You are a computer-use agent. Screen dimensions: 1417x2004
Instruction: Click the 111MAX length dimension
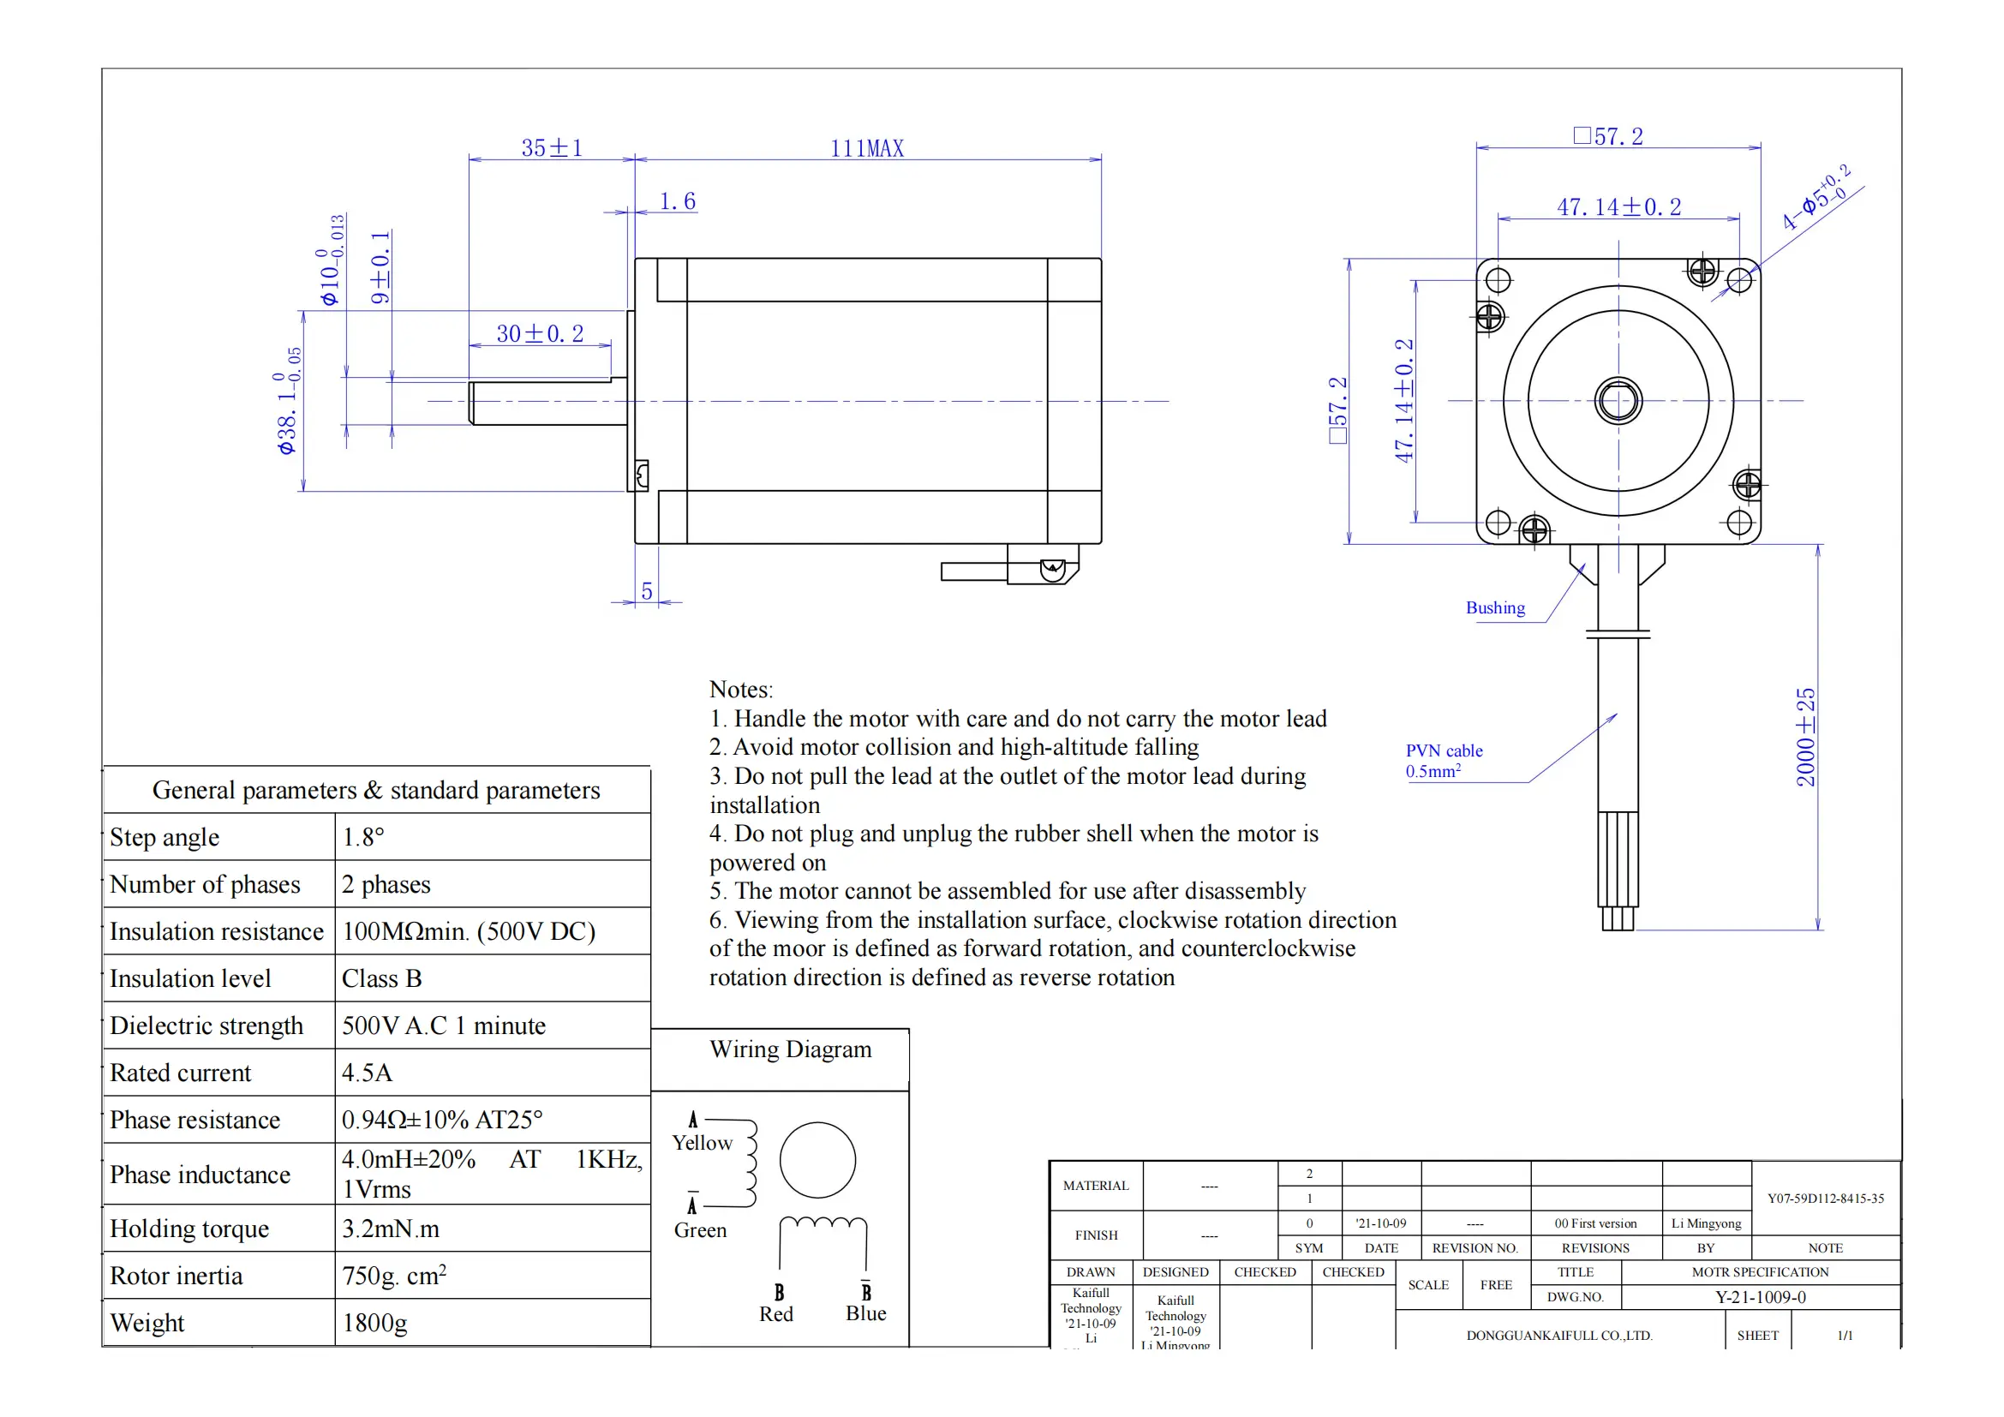[866, 148]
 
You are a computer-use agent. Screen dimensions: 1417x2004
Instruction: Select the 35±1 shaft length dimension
[552, 148]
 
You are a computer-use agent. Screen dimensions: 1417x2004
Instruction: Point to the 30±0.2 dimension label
[540, 333]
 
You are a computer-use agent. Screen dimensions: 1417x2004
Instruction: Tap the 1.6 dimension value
[678, 201]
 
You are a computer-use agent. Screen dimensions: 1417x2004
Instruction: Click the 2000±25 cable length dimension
[1805, 737]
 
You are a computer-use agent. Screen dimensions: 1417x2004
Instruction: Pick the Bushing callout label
[1495, 608]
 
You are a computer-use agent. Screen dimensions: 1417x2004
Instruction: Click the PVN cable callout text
[1444, 751]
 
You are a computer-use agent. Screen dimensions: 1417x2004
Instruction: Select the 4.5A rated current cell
[368, 1073]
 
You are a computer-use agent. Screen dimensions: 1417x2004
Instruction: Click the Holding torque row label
[189, 1229]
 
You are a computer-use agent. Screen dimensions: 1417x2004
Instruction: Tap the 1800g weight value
[374, 1323]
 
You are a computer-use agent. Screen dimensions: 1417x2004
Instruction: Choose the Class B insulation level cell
[381, 978]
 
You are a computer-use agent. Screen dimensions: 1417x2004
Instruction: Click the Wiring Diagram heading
[790, 1049]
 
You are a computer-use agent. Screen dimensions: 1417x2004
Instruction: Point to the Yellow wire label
[702, 1143]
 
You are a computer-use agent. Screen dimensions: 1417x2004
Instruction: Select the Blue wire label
[865, 1313]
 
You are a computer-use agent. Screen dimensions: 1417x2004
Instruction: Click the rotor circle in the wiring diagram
[817, 1160]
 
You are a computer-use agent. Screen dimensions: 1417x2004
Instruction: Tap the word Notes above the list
[740, 690]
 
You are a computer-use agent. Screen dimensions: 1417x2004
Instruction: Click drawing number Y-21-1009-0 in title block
[1760, 1297]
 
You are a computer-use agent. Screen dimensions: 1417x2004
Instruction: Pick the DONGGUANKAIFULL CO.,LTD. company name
[1558, 1335]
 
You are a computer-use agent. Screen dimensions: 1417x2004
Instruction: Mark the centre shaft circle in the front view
[1618, 401]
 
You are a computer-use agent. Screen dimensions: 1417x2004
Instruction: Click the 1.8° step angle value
[363, 837]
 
